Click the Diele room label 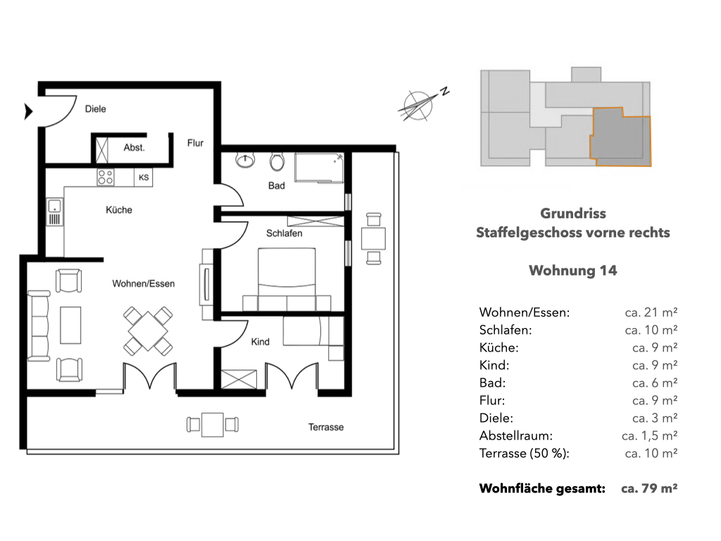pos(96,109)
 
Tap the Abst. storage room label pos(134,148)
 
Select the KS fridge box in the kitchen pos(144,178)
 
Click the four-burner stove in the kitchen pos(106,177)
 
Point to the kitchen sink pos(54,212)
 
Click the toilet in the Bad pos(277,161)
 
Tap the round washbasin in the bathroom pos(245,160)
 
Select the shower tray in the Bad pos(319,168)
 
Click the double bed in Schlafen pos(287,279)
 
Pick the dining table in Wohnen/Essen pos(148,331)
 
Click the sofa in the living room pos(39,325)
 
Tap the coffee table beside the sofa pos(70,325)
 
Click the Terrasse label pos(326,428)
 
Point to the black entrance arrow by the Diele pos(28,111)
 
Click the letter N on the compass pos(444,91)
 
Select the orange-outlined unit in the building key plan pos(621,137)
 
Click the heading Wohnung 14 pos(573,270)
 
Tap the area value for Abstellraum pos(649,435)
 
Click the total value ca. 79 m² pos(649,488)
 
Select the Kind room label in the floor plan pos(261,342)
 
